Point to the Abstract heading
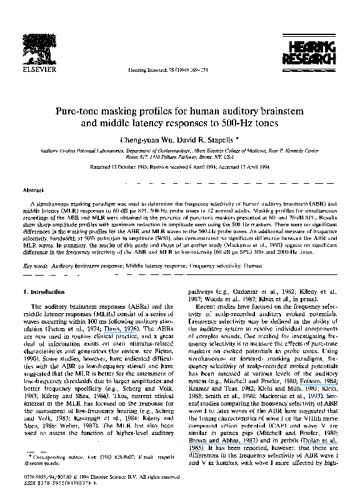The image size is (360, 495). (32, 189)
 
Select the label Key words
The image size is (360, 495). (34, 266)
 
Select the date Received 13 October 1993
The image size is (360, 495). (119, 167)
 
